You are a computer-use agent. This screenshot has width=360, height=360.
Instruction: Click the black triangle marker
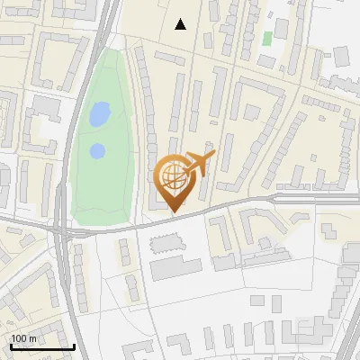tap(181, 24)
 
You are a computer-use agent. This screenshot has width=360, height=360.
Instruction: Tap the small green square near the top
tap(267, 39)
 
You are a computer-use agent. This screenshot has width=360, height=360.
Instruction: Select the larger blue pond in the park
tap(99, 114)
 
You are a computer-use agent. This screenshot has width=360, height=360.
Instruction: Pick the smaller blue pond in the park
tap(97, 150)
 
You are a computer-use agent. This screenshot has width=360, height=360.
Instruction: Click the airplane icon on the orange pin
tap(199, 163)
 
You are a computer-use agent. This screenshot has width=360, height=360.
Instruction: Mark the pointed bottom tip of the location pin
tap(174, 212)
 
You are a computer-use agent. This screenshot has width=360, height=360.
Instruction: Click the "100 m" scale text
tap(24, 338)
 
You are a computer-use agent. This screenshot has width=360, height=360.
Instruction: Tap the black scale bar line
tap(42, 347)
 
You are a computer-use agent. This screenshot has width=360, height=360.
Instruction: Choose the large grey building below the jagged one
tap(176, 266)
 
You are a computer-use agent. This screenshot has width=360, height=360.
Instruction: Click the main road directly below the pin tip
tap(174, 219)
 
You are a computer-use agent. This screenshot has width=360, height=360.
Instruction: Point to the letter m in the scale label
tap(33, 338)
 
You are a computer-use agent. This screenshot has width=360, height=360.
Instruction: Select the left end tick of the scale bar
tap(11, 346)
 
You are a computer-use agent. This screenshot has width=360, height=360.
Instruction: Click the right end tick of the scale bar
tap(74, 346)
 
